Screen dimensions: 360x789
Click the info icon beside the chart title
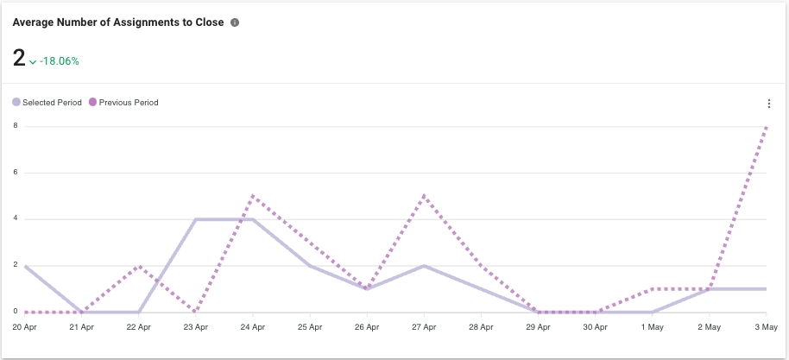click(x=235, y=22)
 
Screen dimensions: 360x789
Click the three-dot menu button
click(x=768, y=104)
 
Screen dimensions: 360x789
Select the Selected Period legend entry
click(x=47, y=103)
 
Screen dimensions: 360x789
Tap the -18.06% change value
click(x=60, y=61)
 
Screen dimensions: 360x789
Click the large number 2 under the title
click(x=19, y=58)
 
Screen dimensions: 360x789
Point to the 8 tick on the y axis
click(x=16, y=126)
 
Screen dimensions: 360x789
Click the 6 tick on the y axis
click(x=16, y=173)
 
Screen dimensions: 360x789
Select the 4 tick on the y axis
click(x=16, y=219)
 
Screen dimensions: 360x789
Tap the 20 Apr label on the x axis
click(x=24, y=328)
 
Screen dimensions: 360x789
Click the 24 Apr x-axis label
click(x=252, y=328)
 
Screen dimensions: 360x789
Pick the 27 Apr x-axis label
click(x=424, y=328)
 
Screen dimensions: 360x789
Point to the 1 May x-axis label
click(x=653, y=328)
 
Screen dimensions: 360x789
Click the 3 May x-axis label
click(x=766, y=328)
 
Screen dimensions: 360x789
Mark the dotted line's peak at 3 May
click(x=767, y=127)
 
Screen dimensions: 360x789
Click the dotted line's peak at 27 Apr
click(x=424, y=196)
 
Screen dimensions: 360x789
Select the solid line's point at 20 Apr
click(x=25, y=266)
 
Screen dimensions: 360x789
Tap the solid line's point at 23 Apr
click(x=196, y=219)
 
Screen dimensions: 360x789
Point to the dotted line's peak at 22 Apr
click(x=139, y=266)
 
